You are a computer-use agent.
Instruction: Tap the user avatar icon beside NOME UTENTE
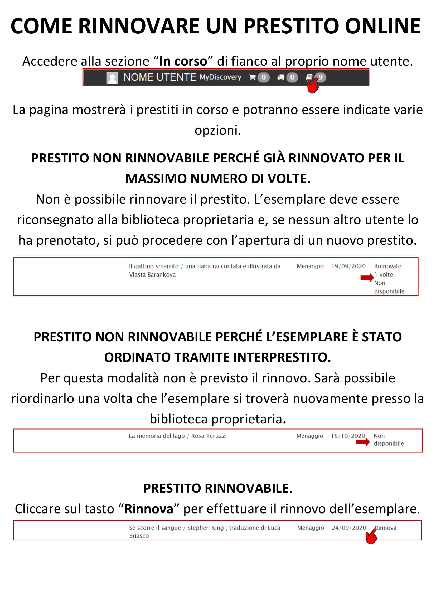click(x=112, y=78)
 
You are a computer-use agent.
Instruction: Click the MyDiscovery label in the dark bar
click(x=220, y=77)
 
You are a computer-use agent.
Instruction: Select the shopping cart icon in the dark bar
click(x=252, y=77)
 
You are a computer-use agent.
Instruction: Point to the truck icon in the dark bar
click(x=281, y=77)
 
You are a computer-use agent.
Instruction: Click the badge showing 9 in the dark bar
click(x=320, y=77)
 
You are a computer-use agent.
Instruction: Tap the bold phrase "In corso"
click(x=183, y=61)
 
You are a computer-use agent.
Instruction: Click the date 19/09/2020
click(x=348, y=266)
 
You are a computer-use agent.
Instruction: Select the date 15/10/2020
click(x=348, y=436)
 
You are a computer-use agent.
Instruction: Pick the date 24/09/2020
click(x=349, y=528)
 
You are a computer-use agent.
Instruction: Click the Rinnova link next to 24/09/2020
click(x=386, y=528)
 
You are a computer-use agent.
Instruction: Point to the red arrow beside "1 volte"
click(x=367, y=278)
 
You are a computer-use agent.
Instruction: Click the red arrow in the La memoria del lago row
click(x=363, y=442)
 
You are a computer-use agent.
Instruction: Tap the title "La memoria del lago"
click(x=157, y=436)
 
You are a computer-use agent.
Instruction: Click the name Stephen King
click(x=205, y=528)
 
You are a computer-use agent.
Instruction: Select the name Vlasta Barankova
click(x=152, y=274)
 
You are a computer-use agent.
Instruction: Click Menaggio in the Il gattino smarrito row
click(x=310, y=266)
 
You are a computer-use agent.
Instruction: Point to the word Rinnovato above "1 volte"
click(x=388, y=266)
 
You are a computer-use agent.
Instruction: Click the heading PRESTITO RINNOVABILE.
click(x=218, y=488)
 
